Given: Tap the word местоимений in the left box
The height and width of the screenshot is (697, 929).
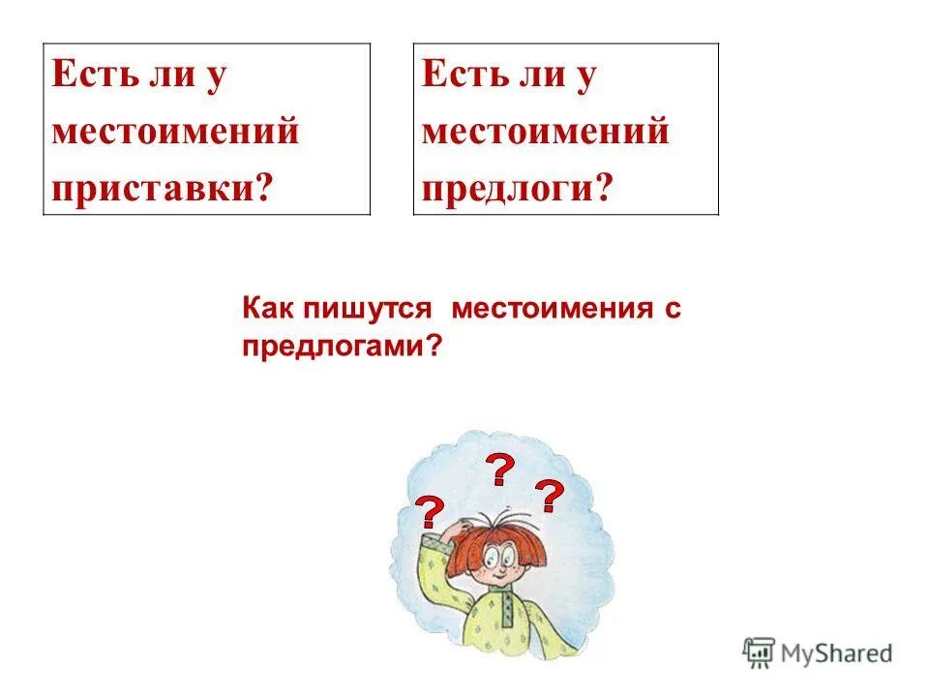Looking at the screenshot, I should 175,130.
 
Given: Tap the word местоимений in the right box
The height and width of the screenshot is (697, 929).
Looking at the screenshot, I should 545,130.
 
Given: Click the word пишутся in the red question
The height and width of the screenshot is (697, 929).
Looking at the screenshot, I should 364,310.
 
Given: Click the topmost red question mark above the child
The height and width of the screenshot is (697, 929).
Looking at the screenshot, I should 499,470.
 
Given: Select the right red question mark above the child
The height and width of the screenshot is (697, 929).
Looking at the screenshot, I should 550,496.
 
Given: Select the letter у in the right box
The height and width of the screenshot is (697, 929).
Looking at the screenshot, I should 584,76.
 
